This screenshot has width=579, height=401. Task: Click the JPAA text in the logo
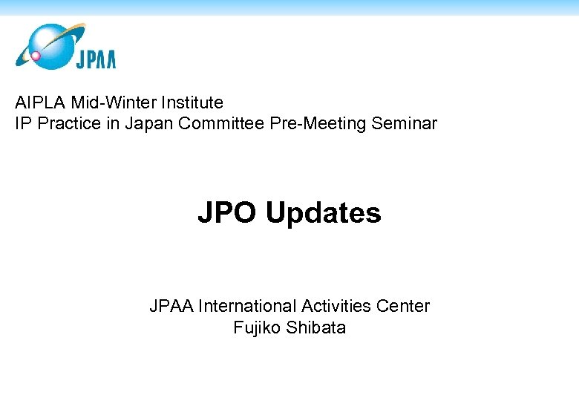[x=95, y=59]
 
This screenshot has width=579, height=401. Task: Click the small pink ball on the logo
[x=34, y=56]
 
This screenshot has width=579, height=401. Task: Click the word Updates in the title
[x=323, y=213]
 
